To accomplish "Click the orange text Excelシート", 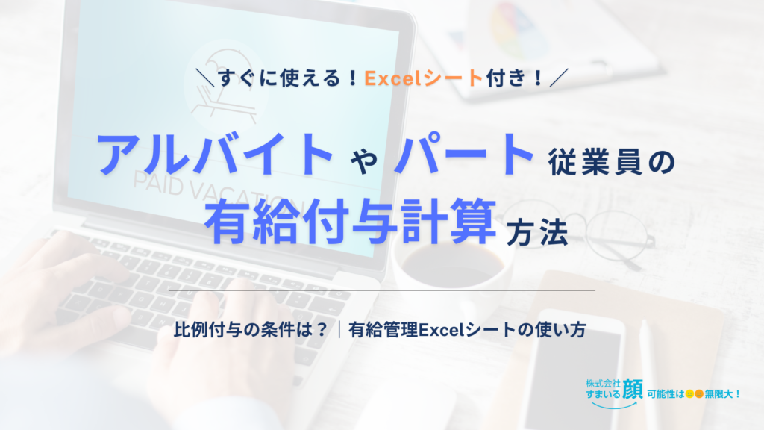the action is [424, 78].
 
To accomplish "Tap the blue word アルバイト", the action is [215, 154].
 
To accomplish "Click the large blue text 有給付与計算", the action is [351, 222].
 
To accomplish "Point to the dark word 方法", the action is [537, 233].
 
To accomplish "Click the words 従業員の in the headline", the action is [612, 162].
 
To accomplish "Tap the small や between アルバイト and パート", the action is [364, 161].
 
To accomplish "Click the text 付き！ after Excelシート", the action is [515, 78].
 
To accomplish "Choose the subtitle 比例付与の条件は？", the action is [251, 330].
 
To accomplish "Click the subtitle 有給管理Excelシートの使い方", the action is [467, 330].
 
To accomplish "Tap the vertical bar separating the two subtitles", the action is [339, 330].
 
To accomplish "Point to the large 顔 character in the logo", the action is [633, 390].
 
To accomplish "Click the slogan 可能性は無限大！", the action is [694, 393].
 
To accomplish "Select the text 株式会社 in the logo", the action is [603, 383].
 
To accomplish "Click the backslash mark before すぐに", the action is [205, 78].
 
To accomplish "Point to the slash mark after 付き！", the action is [559, 78].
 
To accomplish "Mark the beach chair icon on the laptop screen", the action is [224, 88].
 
